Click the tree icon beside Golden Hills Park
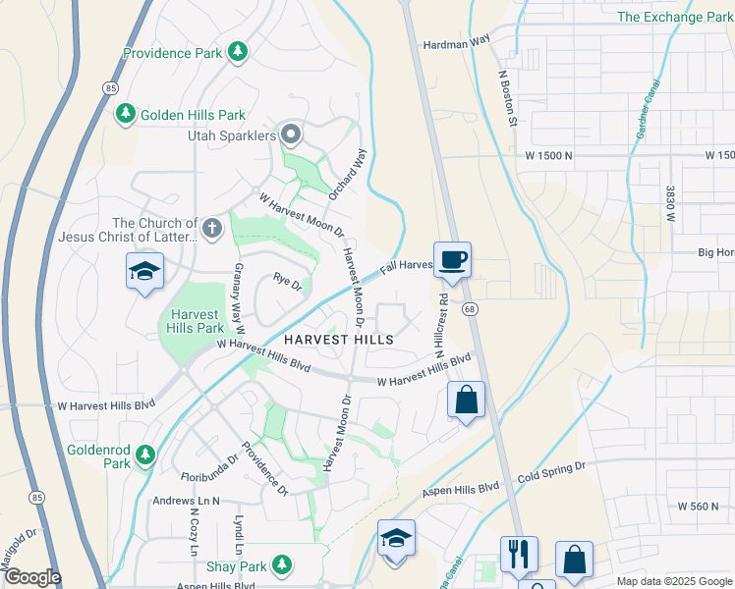point(125,115)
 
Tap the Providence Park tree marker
point(237,51)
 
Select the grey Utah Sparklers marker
point(291,134)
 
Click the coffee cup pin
point(452,261)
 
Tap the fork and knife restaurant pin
point(518,554)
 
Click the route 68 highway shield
point(471,308)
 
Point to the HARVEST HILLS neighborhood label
point(339,340)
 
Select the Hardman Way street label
point(455,43)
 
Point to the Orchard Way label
point(347,175)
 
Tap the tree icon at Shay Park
point(282,564)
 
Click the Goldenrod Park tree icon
point(144,455)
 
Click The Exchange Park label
point(675,17)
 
